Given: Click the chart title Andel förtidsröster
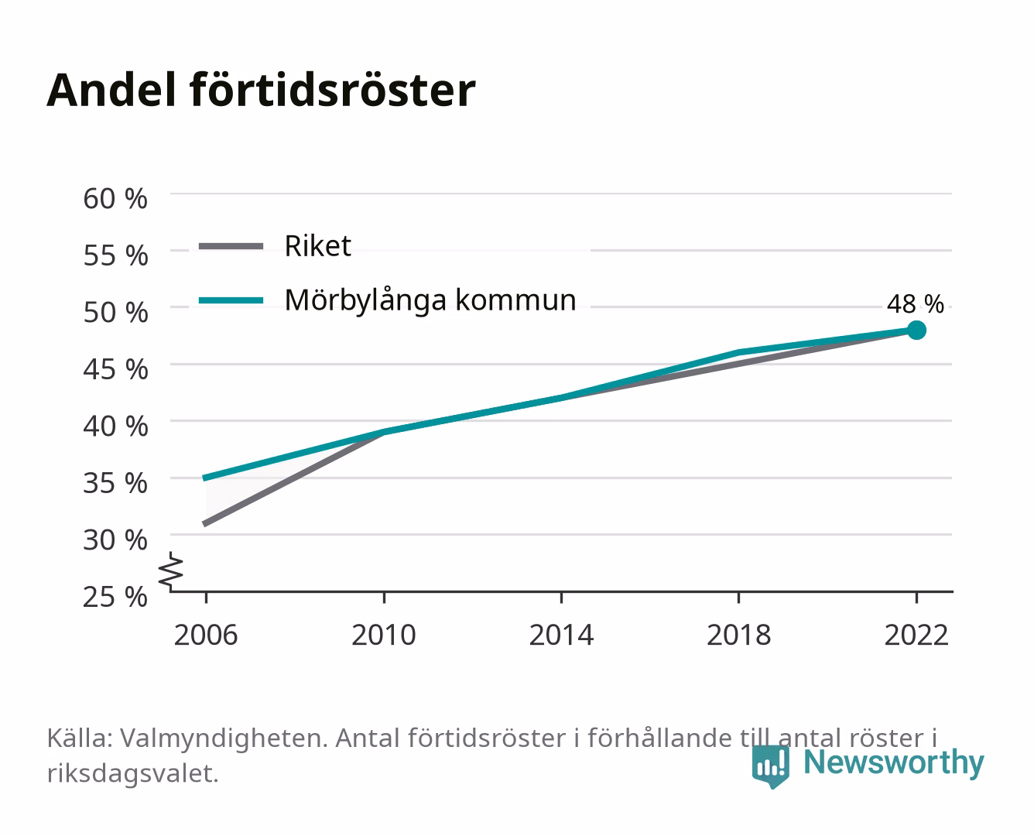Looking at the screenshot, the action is pos(261,91).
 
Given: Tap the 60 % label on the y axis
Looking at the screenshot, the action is pos(115,199).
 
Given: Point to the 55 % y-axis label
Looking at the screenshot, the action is pos(115,255).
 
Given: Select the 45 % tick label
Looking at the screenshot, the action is pos(115,369).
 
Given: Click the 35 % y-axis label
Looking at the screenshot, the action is pos(115,483).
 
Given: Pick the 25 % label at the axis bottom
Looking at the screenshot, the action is pos(115,597).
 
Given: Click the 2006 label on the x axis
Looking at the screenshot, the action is pos(206,635).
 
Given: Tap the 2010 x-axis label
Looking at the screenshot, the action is pos(384,635).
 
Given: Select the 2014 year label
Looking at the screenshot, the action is pos(561,635).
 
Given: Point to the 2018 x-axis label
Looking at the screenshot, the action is pos(739,635).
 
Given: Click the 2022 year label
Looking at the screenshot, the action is pos(916,635).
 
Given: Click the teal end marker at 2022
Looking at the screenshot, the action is pos(916,331).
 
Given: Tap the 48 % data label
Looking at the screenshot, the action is pos(916,304).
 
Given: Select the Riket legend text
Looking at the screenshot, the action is pos(317,246).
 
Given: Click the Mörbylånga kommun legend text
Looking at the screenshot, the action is pos(430,300).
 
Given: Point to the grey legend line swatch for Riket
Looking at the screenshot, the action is pos(231,247).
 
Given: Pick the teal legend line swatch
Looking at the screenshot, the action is pos(231,300).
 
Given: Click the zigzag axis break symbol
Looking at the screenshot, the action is pos(171,571).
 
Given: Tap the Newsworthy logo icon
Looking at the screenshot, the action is pos(771,766).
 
